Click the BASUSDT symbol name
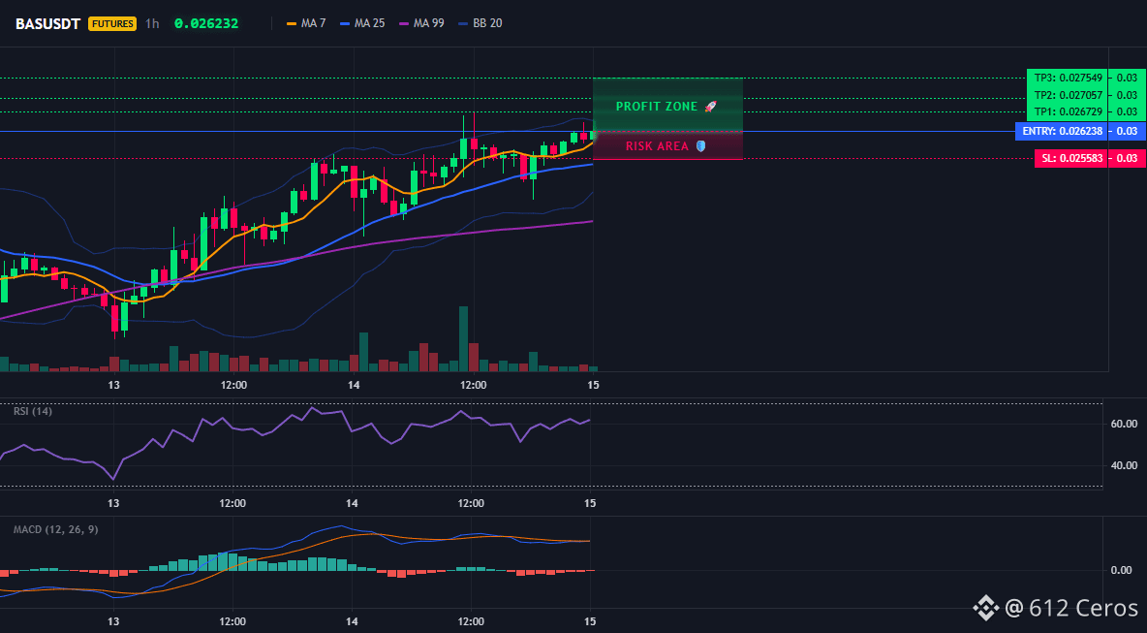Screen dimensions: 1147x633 pos(48,23)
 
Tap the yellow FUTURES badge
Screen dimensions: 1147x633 pos(112,23)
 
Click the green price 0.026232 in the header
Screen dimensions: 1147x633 pos(206,23)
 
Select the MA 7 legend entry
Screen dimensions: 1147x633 pos(306,23)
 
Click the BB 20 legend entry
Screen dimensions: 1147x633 pos(480,23)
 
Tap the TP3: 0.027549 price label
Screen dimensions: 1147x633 pos(1067,78)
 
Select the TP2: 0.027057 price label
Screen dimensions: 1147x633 pos(1067,95)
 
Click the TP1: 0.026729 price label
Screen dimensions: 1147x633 pos(1067,112)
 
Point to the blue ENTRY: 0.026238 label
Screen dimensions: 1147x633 pos(1062,132)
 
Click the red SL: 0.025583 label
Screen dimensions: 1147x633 pos(1070,158)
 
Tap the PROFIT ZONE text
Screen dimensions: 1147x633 pos(657,107)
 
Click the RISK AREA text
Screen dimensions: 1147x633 pos(657,146)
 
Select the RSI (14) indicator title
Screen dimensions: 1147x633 pos(33,411)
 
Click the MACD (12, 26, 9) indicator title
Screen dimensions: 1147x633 pos(55,529)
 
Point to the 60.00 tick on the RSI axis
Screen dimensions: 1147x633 pos(1125,424)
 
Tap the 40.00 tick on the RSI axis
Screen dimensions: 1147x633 pos(1125,465)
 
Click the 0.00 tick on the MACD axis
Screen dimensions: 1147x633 pos(1122,570)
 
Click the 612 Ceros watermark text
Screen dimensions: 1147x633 pos(1084,608)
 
